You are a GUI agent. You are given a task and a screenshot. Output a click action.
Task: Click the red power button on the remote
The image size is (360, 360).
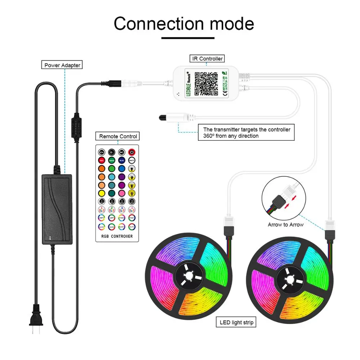(x=132, y=152)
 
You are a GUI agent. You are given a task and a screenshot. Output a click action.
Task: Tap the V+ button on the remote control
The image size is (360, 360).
(x=102, y=152)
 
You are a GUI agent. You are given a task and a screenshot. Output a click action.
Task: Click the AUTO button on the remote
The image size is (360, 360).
(x=132, y=227)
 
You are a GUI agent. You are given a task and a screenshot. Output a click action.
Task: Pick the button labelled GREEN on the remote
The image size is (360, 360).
(x=112, y=160)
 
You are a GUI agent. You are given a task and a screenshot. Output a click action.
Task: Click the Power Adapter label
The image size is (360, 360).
(x=62, y=65)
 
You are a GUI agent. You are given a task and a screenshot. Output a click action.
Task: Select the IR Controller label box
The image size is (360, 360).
(x=207, y=58)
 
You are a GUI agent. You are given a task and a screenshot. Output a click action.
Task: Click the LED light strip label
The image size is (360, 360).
(x=236, y=322)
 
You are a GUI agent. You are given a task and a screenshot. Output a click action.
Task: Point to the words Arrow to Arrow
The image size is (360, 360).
(x=285, y=225)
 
